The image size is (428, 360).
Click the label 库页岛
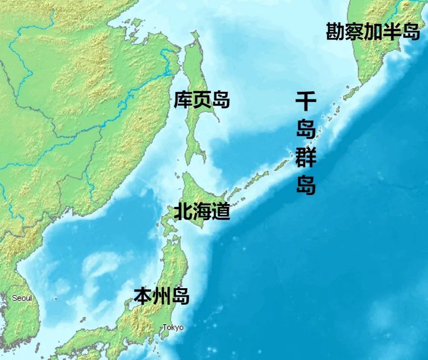[202, 100]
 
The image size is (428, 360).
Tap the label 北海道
[202, 211]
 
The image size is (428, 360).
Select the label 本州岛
[161, 296]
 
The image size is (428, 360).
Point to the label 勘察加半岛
[373, 32]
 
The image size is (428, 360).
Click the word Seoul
[22, 298]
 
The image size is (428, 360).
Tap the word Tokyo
[173, 328]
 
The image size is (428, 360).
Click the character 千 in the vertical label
[306, 102]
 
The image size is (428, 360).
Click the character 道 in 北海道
[221, 211]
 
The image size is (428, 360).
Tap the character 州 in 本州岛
[161, 296]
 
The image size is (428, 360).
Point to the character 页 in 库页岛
[202, 100]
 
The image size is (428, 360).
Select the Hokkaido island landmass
[195, 190]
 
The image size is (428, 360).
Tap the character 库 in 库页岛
[183, 100]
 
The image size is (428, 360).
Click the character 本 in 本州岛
[142, 296]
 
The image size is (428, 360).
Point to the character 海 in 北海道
[202, 211]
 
